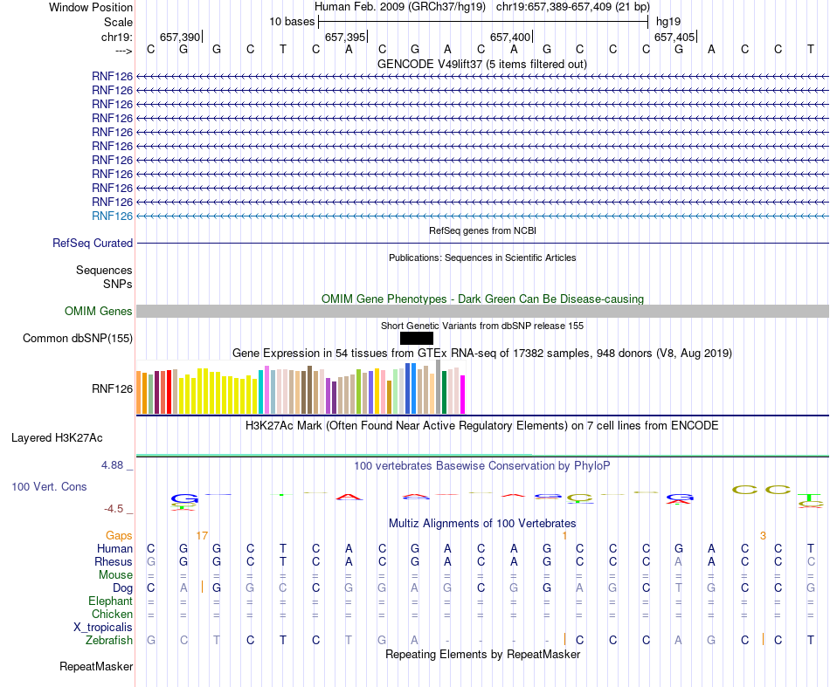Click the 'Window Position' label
(91, 7)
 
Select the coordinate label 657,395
(345, 37)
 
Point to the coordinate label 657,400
(510, 37)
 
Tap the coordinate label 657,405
(674, 37)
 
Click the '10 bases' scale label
(290, 21)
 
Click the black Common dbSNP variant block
(417, 339)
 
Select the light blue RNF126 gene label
(112, 216)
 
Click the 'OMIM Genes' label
(99, 312)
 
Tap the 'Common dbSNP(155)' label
(78, 339)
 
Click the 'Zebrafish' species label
(109, 640)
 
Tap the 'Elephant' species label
(110, 601)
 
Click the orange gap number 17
(202, 535)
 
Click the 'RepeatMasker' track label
(96, 667)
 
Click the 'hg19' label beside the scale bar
(668, 21)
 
